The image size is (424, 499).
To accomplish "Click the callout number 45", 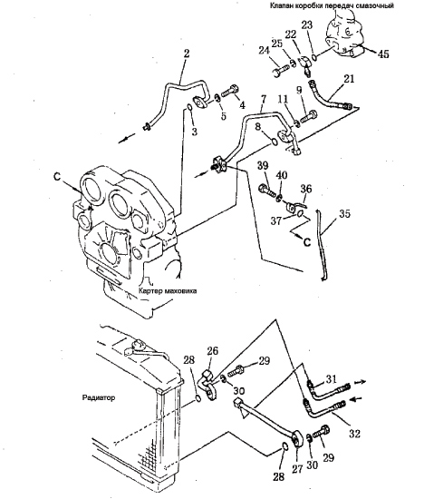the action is (x=383, y=54).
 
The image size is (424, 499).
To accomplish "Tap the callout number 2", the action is (x=186, y=54).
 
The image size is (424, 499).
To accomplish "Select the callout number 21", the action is (x=349, y=79).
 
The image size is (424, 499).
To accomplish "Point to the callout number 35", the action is (x=344, y=214).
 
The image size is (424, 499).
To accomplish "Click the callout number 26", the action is (x=213, y=351).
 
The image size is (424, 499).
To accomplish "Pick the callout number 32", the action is (x=354, y=434).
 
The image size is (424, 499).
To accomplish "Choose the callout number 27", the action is (x=297, y=469).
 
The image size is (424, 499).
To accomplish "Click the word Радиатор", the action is (x=99, y=397).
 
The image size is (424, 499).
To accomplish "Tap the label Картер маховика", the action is (x=168, y=291).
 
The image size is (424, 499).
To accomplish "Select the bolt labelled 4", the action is (x=229, y=90).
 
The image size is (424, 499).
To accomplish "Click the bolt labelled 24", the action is (x=280, y=71).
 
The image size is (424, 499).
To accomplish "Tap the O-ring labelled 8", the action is (x=274, y=142).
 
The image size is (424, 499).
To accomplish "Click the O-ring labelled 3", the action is (x=188, y=108).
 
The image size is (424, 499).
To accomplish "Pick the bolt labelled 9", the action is (x=309, y=116).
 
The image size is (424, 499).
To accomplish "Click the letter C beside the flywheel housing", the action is (x=57, y=177).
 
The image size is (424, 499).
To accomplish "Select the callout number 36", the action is (x=306, y=189).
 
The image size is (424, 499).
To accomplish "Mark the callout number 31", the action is (x=331, y=378).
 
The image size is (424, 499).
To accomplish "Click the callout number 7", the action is (x=263, y=99).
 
